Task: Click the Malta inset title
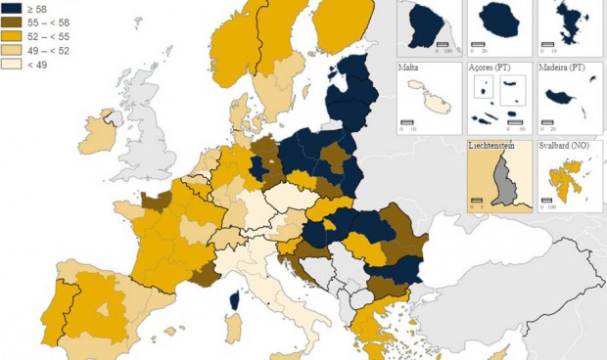point(409,68)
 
